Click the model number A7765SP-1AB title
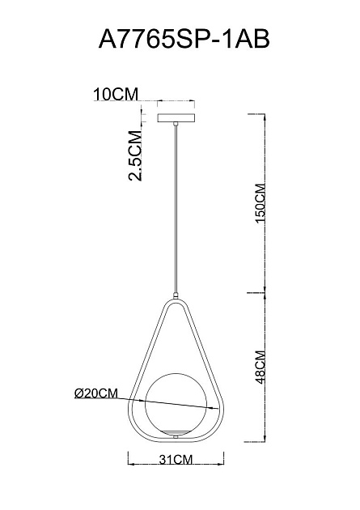point(184,39)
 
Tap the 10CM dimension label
point(116,95)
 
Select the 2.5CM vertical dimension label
point(135,155)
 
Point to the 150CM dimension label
point(260,203)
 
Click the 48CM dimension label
point(260,368)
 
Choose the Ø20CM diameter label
point(96,393)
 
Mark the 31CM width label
point(176,460)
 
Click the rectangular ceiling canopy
point(176,117)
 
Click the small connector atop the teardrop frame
point(176,296)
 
